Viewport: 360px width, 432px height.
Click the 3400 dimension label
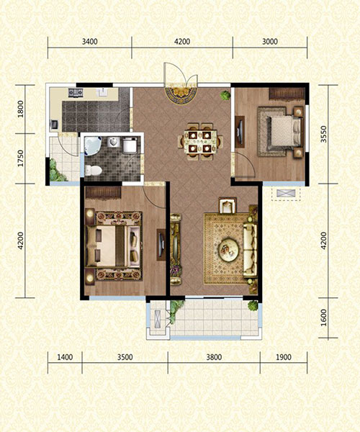90,42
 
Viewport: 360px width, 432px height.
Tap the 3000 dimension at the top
270,42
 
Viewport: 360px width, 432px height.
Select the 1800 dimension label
21,109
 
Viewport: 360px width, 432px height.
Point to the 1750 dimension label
21,158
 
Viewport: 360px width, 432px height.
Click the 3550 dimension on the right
323,134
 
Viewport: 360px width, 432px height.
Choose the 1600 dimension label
323,318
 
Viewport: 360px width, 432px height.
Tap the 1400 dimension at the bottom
65,357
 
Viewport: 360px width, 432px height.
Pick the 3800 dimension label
214,357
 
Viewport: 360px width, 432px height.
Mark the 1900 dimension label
284,357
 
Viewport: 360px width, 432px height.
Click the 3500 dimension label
125,357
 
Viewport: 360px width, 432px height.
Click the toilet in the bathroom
93,170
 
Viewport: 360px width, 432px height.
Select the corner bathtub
93,145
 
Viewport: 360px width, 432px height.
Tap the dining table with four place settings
200,142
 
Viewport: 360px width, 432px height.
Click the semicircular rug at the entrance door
181,95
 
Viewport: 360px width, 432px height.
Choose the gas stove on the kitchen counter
76,93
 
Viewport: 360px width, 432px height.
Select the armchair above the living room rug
228,205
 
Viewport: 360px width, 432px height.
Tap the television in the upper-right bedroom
240,132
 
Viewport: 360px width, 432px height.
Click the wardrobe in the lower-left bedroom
103,192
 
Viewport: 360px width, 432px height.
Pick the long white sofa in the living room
250,251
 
